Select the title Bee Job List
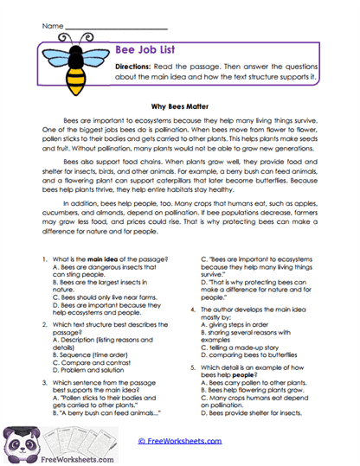148,52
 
